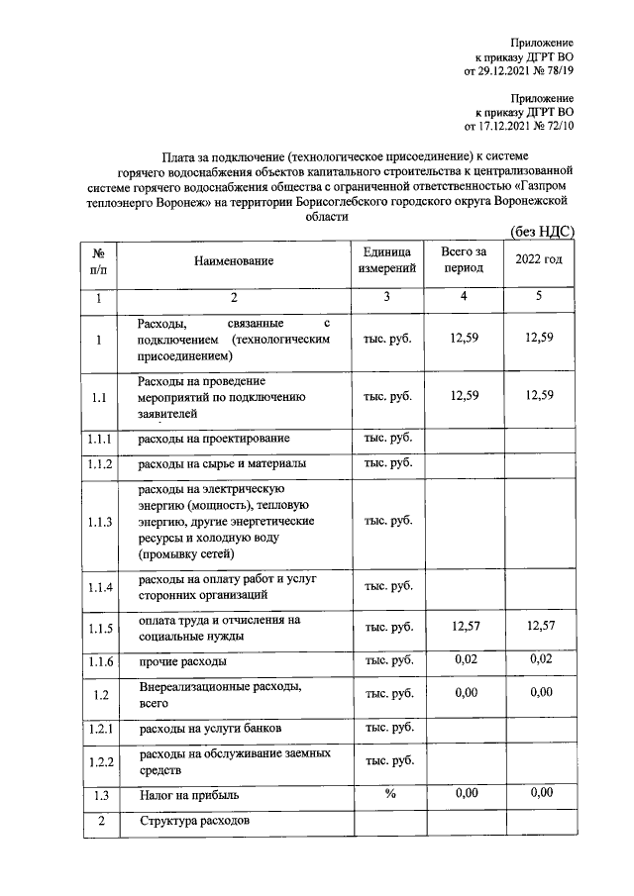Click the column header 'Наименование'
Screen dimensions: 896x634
[x=233, y=261]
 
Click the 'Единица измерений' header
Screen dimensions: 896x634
[x=388, y=260]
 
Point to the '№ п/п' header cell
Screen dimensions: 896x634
[x=98, y=260]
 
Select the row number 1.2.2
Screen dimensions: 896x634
[x=99, y=761]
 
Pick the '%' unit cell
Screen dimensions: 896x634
[x=388, y=793]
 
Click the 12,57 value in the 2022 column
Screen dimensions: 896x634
[x=540, y=625]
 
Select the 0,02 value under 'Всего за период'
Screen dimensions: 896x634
[x=465, y=658]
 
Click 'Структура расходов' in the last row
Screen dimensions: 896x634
[x=194, y=822]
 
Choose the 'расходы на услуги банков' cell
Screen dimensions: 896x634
[x=211, y=729]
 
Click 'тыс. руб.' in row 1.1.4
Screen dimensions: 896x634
[x=388, y=587]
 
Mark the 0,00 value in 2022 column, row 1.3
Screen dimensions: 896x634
[x=540, y=792]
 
